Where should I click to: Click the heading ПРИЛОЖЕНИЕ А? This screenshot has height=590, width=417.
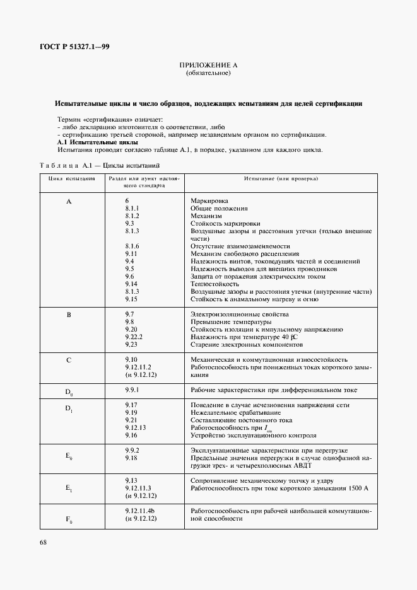pyautogui.click(x=208, y=65)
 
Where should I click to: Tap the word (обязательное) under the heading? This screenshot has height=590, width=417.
pyautogui.click(x=208, y=73)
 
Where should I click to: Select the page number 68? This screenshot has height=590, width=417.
pyautogui.click(x=44, y=541)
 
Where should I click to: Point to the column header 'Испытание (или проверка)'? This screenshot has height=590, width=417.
pyautogui.click(x=281, y=178)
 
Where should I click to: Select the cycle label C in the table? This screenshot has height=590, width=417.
pyautogui.click(x=69, y=360)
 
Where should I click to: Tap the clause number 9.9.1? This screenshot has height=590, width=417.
pyautogui.click(x=132, y=390)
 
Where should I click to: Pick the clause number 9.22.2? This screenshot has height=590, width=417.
pyautogui.click(x=134, y=337)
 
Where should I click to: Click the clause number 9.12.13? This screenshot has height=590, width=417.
pyautogui.click(x=136, y=427)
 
